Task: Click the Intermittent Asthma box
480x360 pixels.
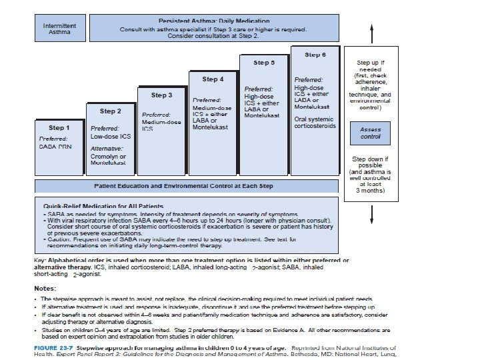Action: click(59, 29)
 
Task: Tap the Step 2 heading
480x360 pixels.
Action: click(110, 111)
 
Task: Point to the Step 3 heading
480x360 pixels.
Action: click(161, 95)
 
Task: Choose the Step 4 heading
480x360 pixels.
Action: click(212, 79)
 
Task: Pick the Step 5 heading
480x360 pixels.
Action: click(264, 63)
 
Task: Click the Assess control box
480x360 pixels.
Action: click(370, 133)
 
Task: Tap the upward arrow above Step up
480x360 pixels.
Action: click(371, 31)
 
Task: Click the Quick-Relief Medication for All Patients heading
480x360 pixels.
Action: click(103, 206)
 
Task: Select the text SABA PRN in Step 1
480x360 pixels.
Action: click(55, 146)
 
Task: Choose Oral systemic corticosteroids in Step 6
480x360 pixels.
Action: click(315, 123)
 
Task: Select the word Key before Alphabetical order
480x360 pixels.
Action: click(39, 259)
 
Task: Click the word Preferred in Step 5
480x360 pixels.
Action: click(258, 88)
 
